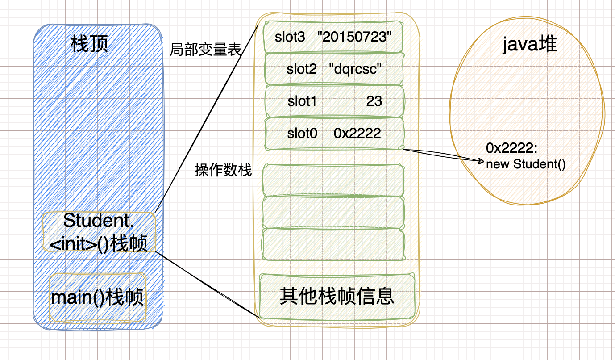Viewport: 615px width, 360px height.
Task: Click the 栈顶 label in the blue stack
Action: pos(89,45)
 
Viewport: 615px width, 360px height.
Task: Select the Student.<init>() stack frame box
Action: pos(99,232)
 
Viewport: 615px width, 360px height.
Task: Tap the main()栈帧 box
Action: pos(97,297)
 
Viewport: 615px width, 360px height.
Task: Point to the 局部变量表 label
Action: pos(205,50)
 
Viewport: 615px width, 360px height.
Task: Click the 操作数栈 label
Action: pos(223,170)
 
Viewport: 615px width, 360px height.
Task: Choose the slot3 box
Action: pos(333,37)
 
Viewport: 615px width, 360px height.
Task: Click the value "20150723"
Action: pos(357,37)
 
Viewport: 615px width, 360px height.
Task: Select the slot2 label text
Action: pos(302,69)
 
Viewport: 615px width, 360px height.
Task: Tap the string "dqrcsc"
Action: pos(355,69)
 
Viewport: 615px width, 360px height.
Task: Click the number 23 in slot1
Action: pos(374,101)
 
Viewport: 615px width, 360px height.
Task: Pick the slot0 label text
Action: pos(302,133)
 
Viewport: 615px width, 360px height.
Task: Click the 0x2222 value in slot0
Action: pos(357,133)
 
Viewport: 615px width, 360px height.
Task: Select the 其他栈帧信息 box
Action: pos(337,296)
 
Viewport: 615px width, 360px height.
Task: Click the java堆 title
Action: pos(529,45)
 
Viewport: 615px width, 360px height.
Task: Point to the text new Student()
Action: pos(526,164)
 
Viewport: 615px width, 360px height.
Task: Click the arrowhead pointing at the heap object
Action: pos(482,160)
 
